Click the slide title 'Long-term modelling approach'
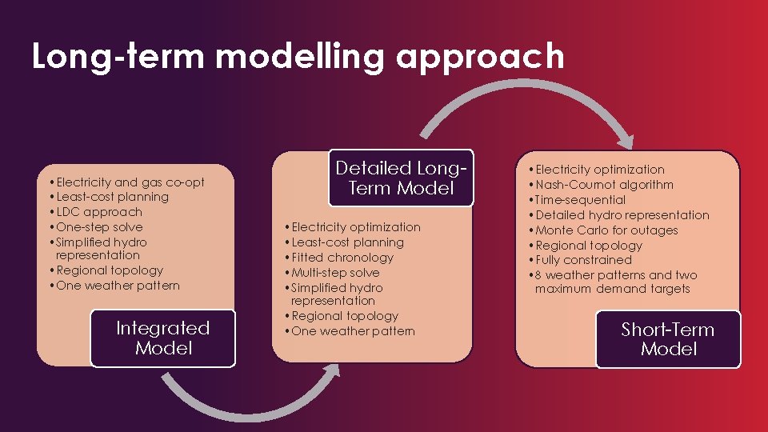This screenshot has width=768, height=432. tap(298, 58)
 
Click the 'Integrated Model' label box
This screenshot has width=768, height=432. tap(163, 338)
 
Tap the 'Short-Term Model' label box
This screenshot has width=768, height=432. tap(668, 339)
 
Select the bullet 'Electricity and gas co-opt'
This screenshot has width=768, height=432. tap(130, 182)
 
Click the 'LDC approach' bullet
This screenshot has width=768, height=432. tap(99, 212)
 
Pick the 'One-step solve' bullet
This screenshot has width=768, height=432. tap(100, 227)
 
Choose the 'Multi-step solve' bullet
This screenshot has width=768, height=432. tap(336, 273)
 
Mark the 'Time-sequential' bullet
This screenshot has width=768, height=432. tap(581, 200)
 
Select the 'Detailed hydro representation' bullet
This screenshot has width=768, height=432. tap(622, 215)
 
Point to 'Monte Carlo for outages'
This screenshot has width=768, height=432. tap(606, 230)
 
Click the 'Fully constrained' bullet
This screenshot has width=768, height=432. tap(583, 260)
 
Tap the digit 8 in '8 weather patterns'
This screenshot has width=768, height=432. tap(539, 275)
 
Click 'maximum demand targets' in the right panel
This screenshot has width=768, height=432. tap(612, 289)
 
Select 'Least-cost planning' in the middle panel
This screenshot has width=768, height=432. tap(348, 242)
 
